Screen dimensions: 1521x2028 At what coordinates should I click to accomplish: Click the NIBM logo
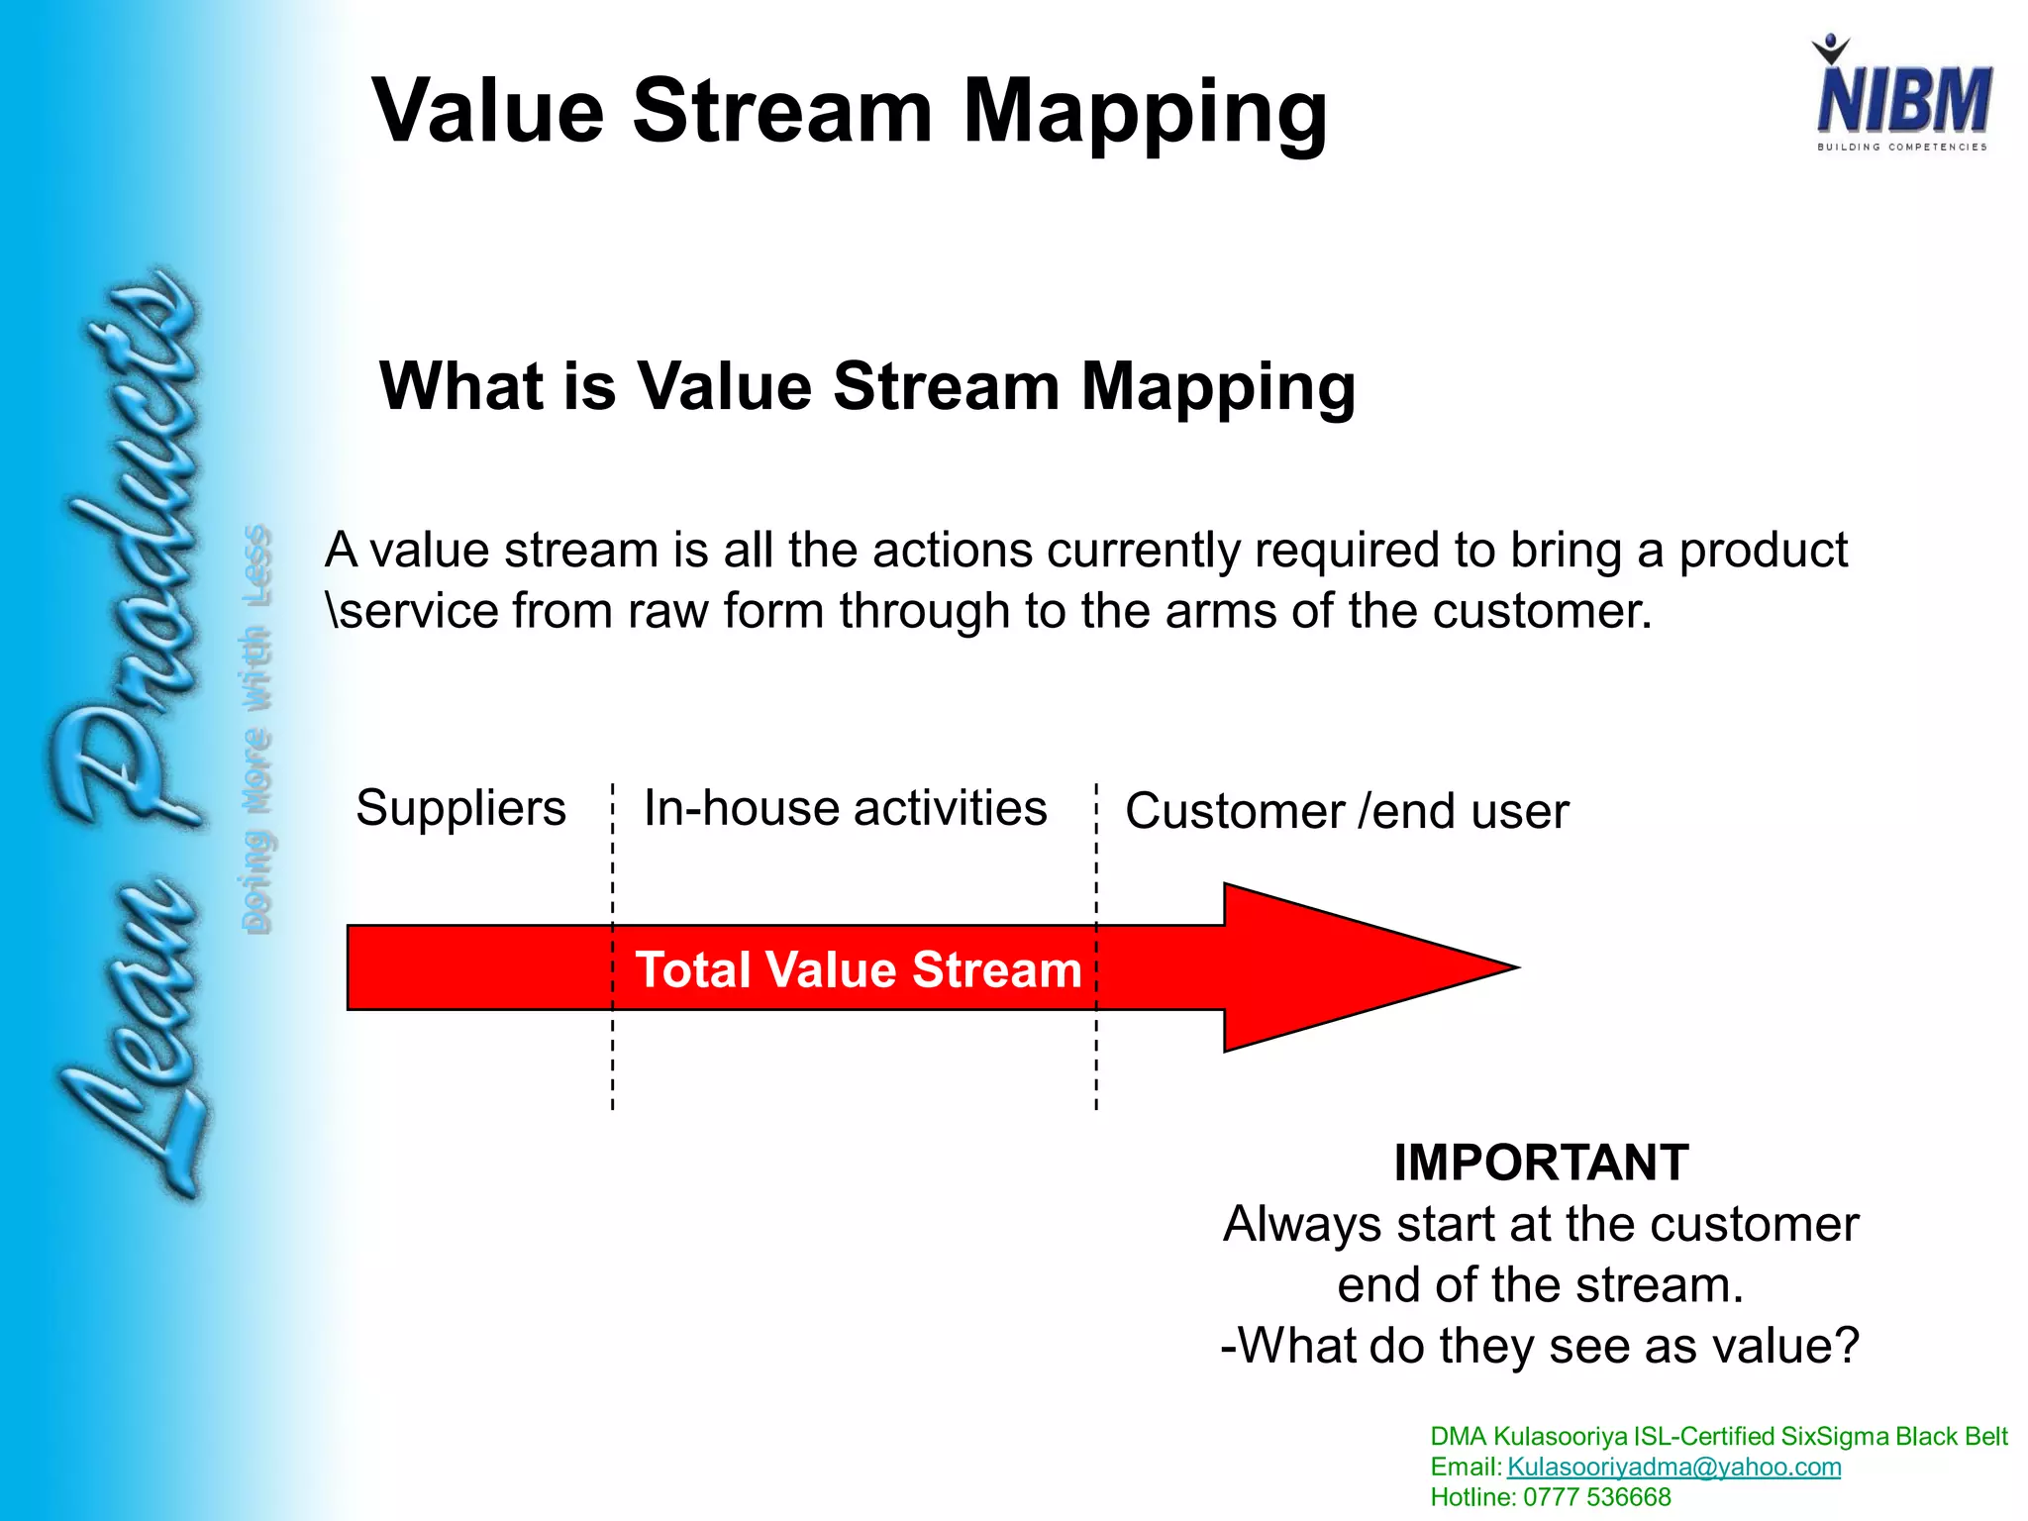(1902, 95)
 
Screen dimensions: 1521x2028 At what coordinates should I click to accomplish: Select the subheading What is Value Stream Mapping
(867, 386)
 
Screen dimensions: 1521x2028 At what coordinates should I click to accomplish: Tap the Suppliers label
(460, 808)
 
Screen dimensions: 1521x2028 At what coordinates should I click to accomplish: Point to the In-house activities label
(845, 808)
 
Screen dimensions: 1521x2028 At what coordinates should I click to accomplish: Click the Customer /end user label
(1347, 811)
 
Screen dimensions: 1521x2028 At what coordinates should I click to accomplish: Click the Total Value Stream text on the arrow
(859, 969)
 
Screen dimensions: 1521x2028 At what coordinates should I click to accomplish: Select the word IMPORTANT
(1541, 1163)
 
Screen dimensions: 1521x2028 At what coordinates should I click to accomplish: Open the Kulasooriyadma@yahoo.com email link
(1673, 1467)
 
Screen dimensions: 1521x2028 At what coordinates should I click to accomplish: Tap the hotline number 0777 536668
(1596, 1497)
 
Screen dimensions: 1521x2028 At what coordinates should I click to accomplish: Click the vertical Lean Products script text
(129, 733)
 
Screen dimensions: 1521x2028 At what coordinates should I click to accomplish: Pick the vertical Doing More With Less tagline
(256, 728)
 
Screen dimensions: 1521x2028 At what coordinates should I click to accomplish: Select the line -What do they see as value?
(1540, 1346)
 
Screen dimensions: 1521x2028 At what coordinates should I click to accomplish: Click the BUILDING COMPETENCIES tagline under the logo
(1901, 148)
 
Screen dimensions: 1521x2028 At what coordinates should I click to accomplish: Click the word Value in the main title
(487, 111)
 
